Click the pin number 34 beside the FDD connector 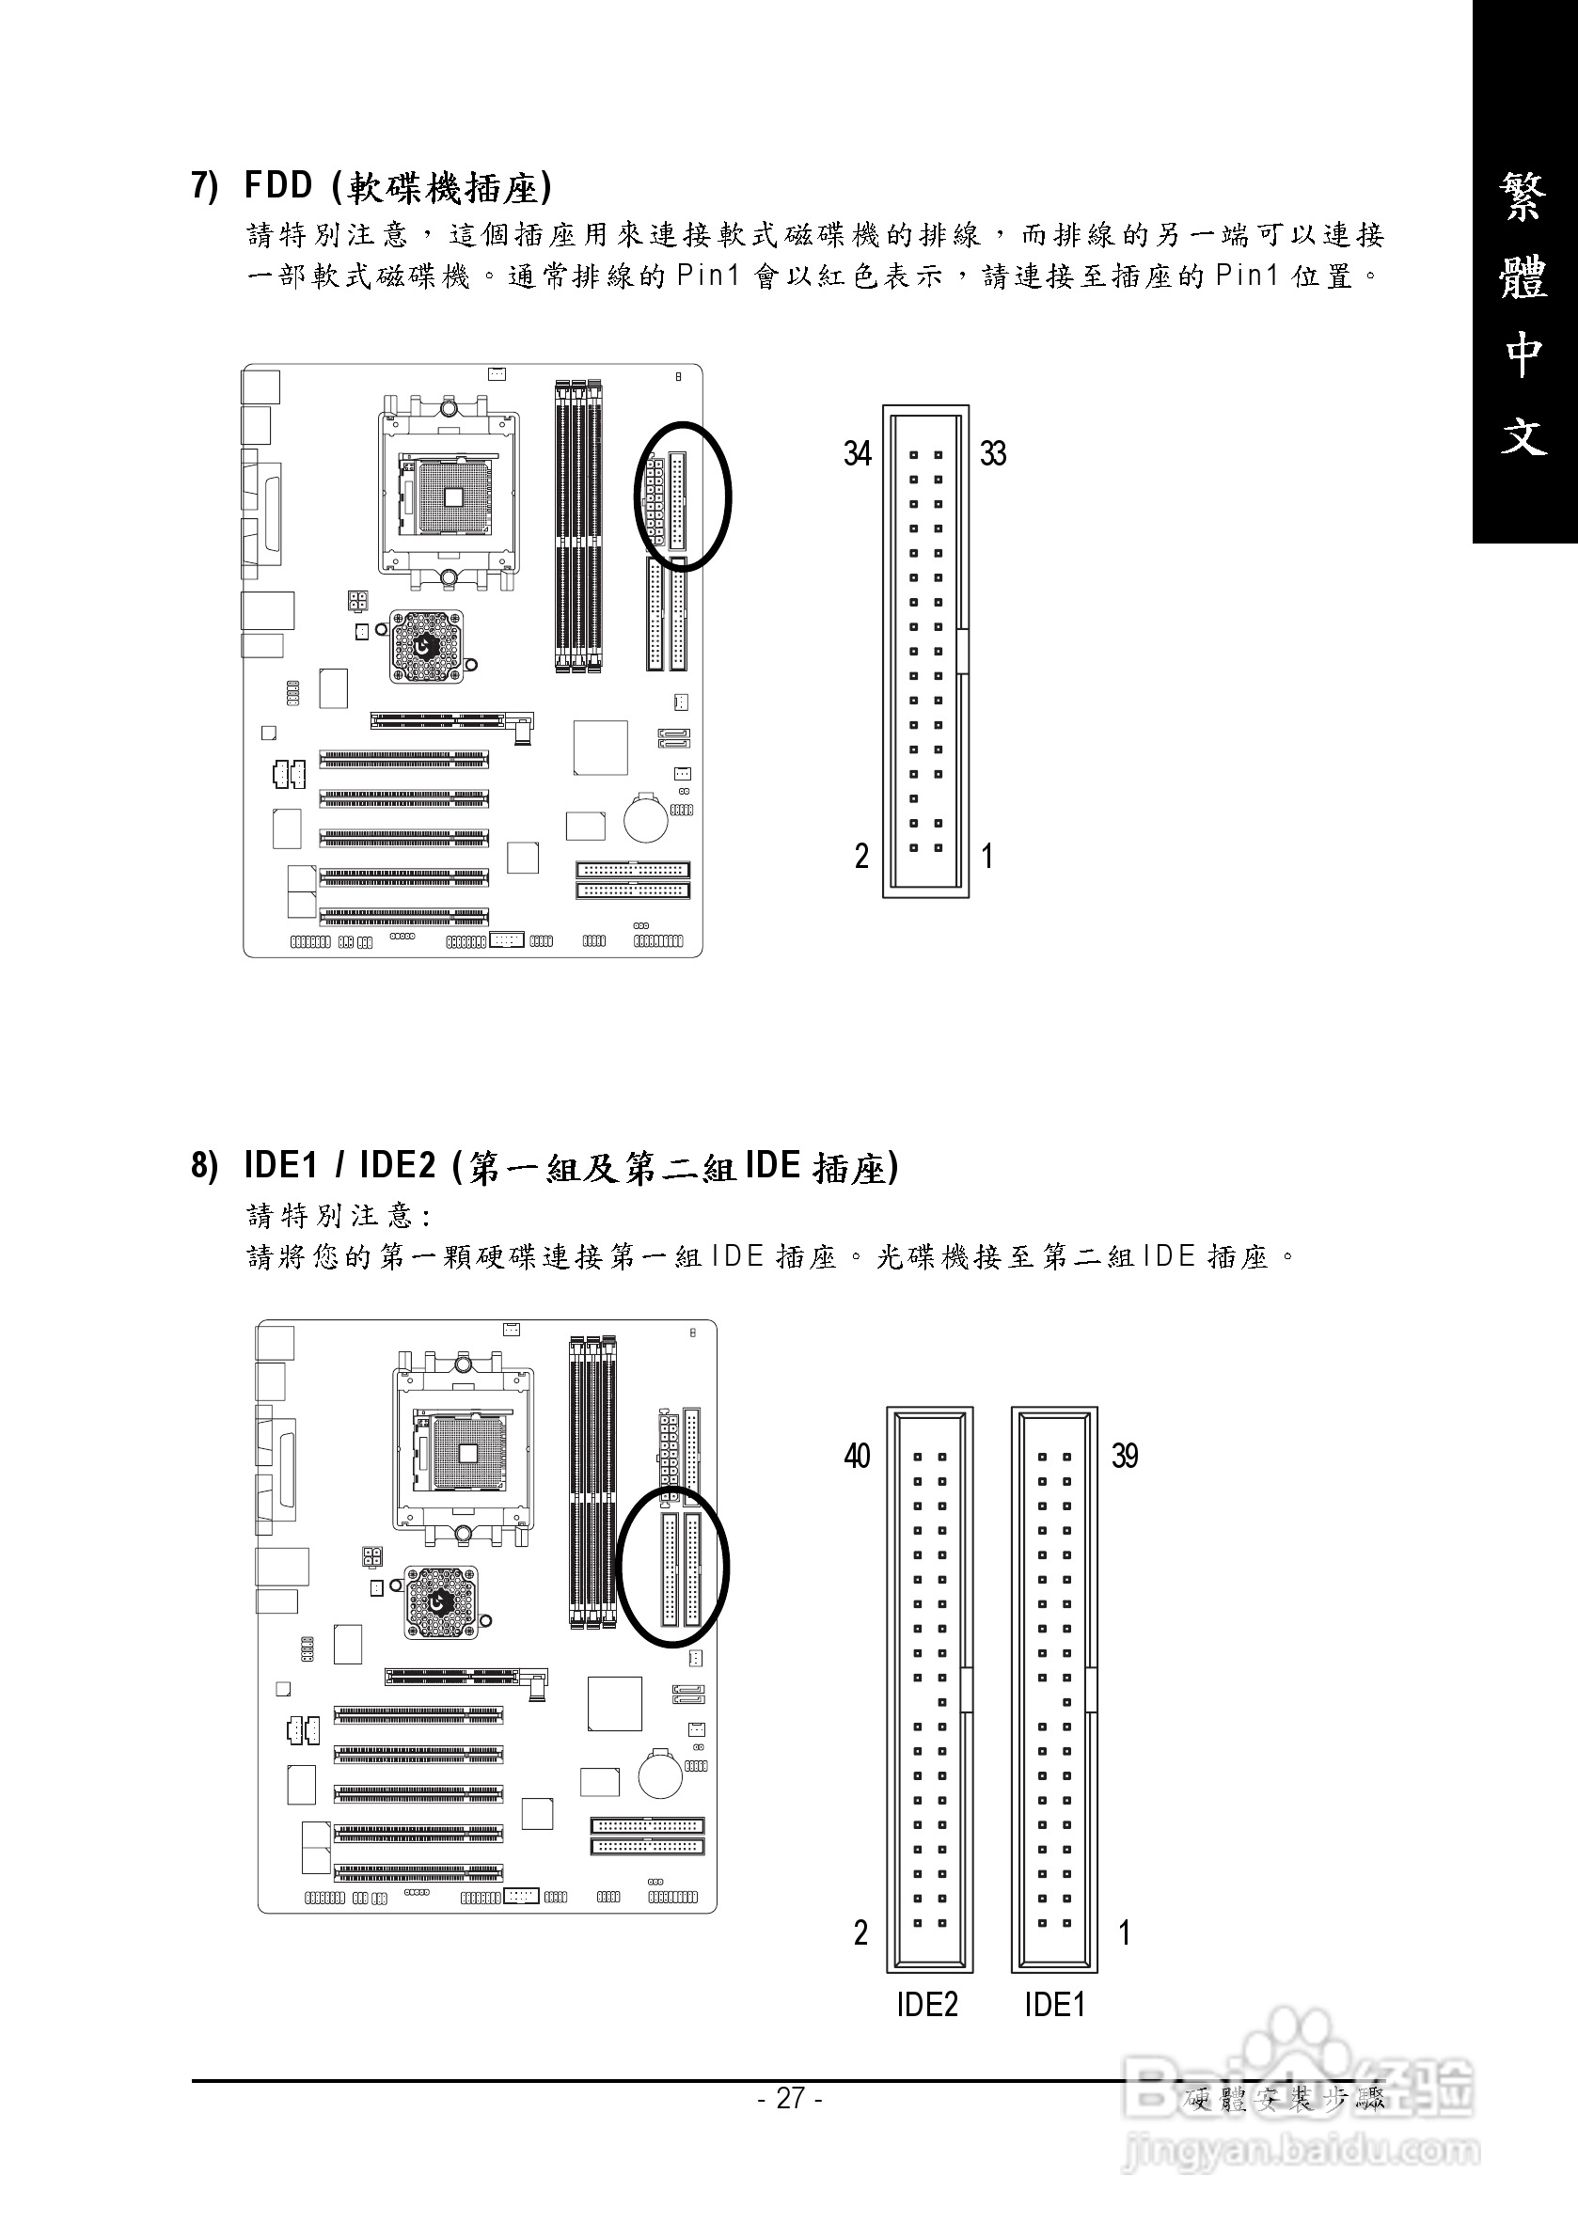[x=858, y=453]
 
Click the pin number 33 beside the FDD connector [x=993, y=453]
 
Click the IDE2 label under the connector [x=926, y=2005]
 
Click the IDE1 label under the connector [x=1054, y=2005]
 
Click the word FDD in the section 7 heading [x=278, y=185]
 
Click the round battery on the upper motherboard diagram [x=645, y=817]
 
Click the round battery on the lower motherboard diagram [x=660, y=1774]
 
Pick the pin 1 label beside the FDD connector [x=987, y=857]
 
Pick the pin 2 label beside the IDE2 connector [x=860, y=1932]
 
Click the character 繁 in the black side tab [x=1523, y=199]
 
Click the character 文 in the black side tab [x=1523, y=435]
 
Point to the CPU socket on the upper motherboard [x=450, y=495]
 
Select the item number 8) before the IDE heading [x=204, y=1165]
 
